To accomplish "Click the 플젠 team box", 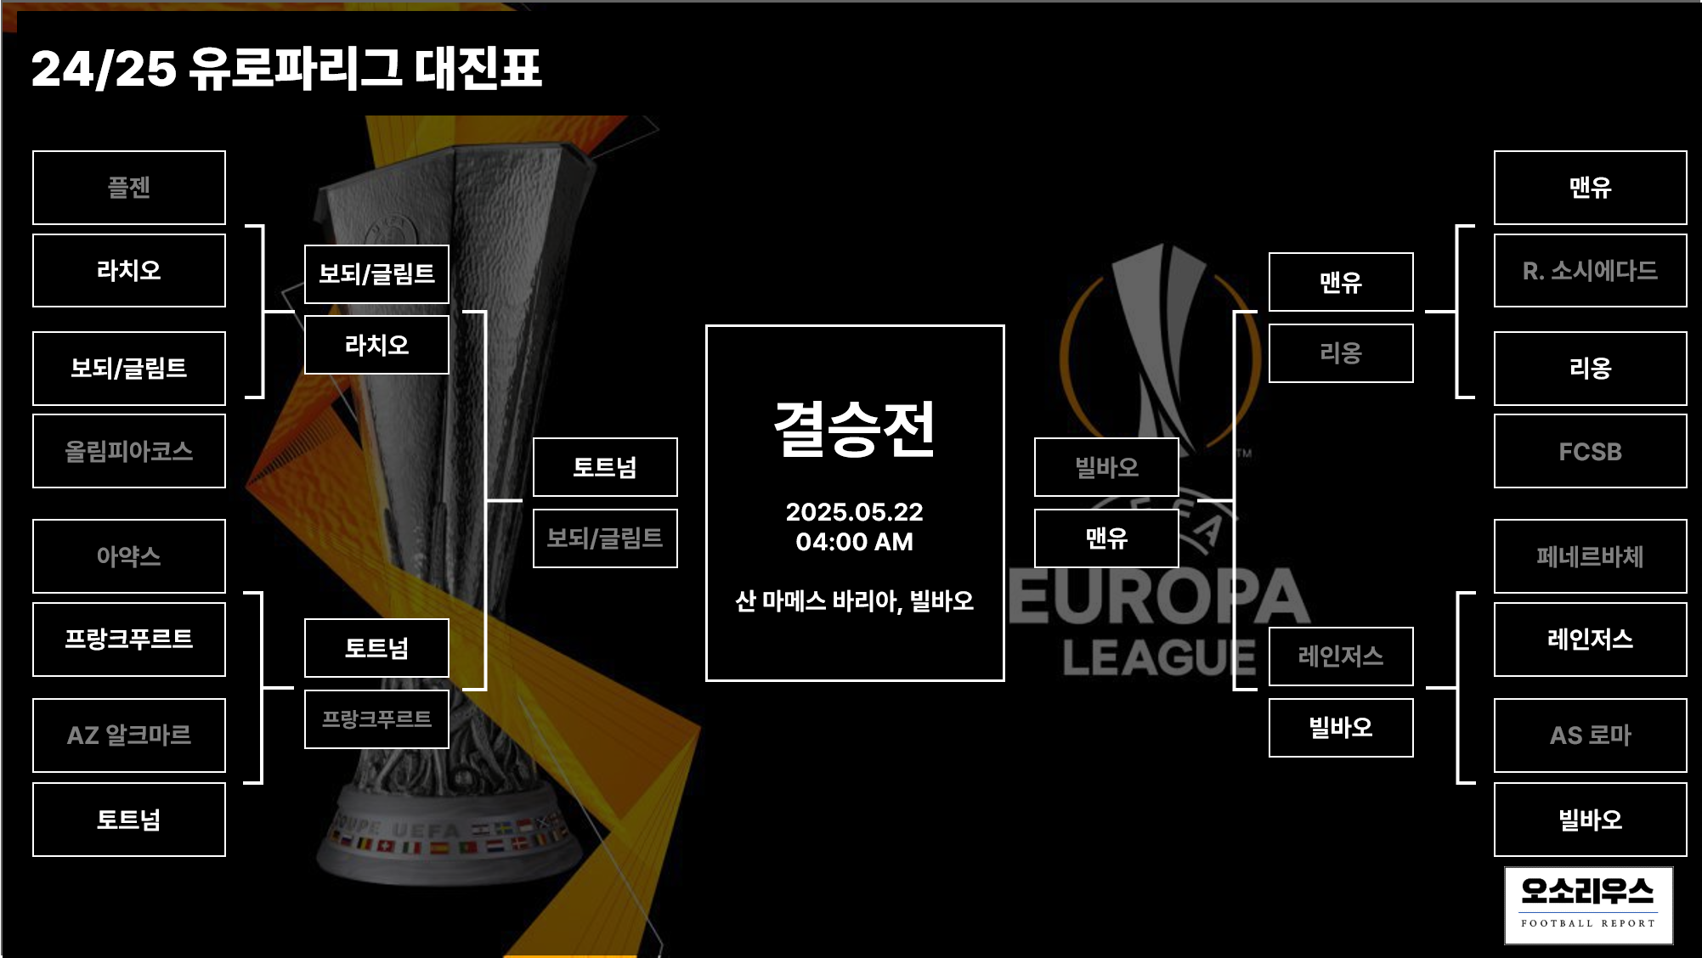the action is click(129, 188).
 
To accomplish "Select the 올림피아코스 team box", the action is click(129, 451).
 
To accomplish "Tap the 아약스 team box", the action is click(129, 556).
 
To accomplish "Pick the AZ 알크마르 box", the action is click(129, 735).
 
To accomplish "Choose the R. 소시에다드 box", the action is click(1590, 271).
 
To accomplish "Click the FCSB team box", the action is click(1590, 451).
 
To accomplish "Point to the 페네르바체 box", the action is click(1590, 556).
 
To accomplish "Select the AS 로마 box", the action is click(1590, 735).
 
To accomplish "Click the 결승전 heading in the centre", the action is click(854, 429).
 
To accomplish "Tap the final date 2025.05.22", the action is click(854, 511).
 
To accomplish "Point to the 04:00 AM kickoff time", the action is click(854, 542).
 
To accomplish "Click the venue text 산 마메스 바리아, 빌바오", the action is click(854, 601).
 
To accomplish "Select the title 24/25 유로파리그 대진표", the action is click(286, 68).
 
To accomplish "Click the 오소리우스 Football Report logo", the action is click(1588, 905).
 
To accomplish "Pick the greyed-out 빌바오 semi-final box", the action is click(1106, 467).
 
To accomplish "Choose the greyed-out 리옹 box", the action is click(1341, 353).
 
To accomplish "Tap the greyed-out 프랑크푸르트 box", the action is click(376, 719).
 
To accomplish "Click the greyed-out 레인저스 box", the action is click(1341, 656).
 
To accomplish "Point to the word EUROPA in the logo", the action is click(1160, 597).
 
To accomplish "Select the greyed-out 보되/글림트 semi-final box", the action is click(605, 538).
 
